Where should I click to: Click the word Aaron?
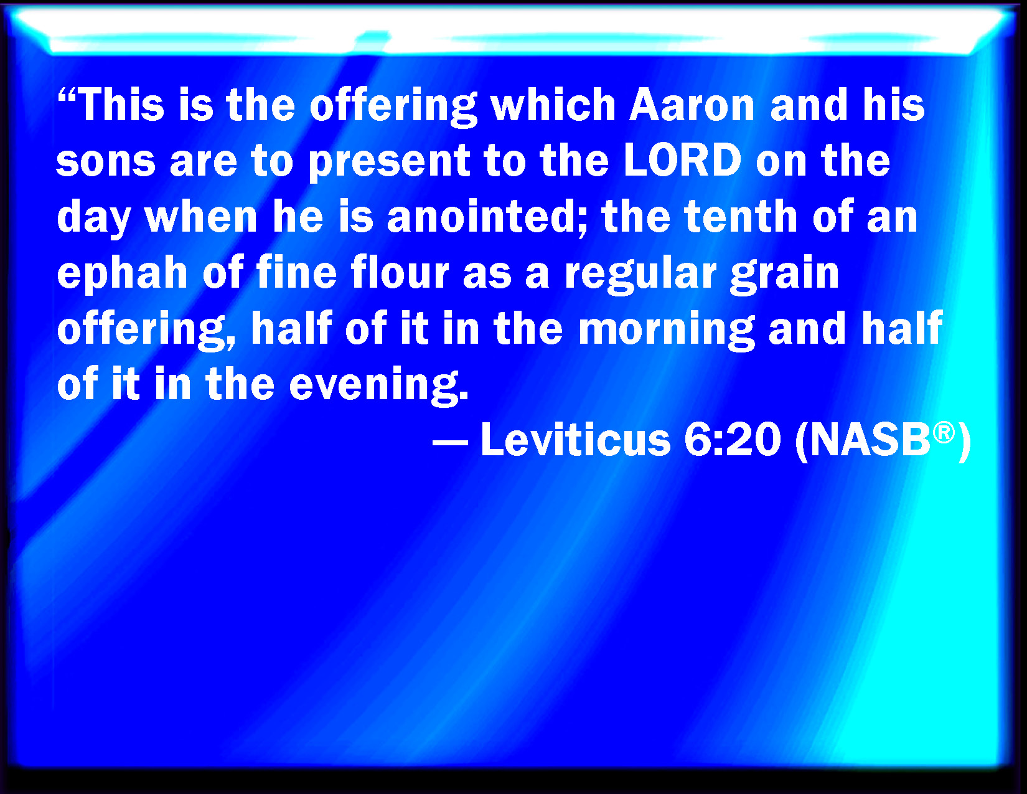[692, 105]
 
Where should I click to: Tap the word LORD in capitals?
[683, 161]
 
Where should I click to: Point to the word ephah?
[122, 274]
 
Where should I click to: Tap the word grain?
[784, 274]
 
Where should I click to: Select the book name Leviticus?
[576, 440]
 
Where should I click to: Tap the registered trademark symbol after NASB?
[944, 433]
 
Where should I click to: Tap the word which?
[553, 105]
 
